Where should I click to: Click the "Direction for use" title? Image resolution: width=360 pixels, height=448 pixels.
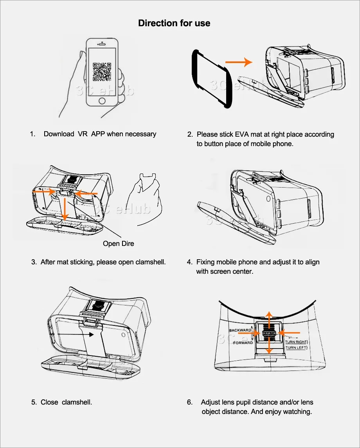pyautogui.click(x=174, y=23)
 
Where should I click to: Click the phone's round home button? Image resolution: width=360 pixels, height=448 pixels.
pyautogui.click(x=102, y=101)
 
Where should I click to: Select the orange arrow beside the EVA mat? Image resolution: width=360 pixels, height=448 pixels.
pyautogui.click(x=238, y=61)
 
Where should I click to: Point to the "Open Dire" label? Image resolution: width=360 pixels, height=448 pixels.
pyautogui.click(x=118, y=244)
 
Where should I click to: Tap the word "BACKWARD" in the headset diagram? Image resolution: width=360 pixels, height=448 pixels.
pyautogui.click(x=240, y=331)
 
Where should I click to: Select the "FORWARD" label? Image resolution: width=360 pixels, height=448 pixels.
pyautogui.click(x=243, y=343)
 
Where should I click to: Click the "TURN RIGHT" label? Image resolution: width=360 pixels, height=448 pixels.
pyautogui.click(x=296, y=342)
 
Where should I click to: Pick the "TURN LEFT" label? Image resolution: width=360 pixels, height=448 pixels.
pyautogui.click(x=296, y=348)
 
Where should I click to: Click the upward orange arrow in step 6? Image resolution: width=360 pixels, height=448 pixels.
pyautogui.click(x=268, y=318)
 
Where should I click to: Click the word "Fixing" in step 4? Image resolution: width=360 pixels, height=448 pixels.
pyautogui.click(x=205, y=262)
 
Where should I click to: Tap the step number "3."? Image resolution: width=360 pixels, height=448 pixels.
pyautogui.click(x=34, y=262)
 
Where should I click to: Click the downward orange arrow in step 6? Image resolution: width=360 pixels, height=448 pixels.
pyautogui.click(x=268, y=347)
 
